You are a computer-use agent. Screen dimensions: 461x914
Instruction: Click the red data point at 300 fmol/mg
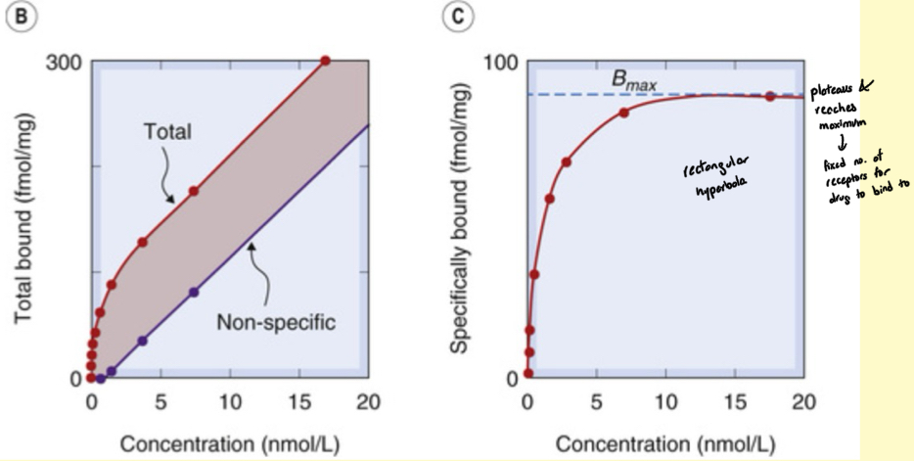click(x=326, y=61)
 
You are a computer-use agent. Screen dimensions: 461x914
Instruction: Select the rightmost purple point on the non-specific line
click(x=194, y=292)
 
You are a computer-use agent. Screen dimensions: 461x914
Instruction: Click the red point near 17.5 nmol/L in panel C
click(x=770, y=96)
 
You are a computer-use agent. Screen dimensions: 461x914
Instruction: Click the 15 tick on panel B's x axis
click(x=298, y=401)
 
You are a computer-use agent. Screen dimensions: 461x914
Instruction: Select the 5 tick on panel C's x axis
click(x=597, y=401)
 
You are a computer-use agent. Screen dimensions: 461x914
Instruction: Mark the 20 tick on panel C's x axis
click(x=803, y=401)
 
